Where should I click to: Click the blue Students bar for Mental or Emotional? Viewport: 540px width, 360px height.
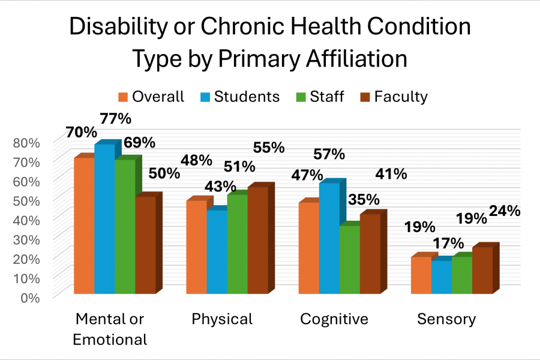tap(104, 219)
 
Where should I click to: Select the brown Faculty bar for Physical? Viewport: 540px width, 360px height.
tap(257, 240)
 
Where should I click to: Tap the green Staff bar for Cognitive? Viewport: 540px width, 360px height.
tap(349, 259)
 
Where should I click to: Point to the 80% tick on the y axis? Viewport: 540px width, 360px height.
tap(26, 143)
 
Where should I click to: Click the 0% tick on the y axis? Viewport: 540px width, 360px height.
tap(29, 297)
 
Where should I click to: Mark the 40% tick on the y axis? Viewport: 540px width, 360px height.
tap(26, 220)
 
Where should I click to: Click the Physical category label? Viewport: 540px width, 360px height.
tap(222, 319)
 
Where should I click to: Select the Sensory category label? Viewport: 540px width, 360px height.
tap(446, 319)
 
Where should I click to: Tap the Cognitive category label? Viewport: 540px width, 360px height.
tap(334, 319)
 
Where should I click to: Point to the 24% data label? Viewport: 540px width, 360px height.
tap(504, 211)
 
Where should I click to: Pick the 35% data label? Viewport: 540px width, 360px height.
tap(364, 199)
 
